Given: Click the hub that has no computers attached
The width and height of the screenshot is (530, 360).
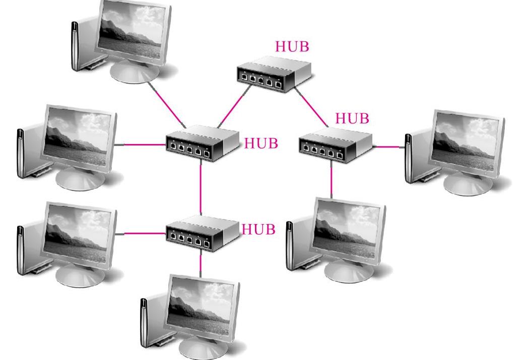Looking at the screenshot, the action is [x=273, y=74].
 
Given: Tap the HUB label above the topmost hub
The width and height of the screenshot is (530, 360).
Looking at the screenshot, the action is [x=292, y=46].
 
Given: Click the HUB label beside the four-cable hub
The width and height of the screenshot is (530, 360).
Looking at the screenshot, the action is [x=261, y=143].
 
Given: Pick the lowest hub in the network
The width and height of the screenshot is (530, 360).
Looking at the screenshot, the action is [x=202, y=232].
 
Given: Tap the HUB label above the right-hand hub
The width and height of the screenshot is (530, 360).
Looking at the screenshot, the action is [x=352, y=119].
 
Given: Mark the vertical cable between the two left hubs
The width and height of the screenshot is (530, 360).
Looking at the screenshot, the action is [x=201, y=189].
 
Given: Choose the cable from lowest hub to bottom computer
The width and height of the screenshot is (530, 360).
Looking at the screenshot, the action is [x=201, y=262].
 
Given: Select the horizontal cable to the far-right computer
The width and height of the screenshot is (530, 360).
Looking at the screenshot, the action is [x=389, y=147].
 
